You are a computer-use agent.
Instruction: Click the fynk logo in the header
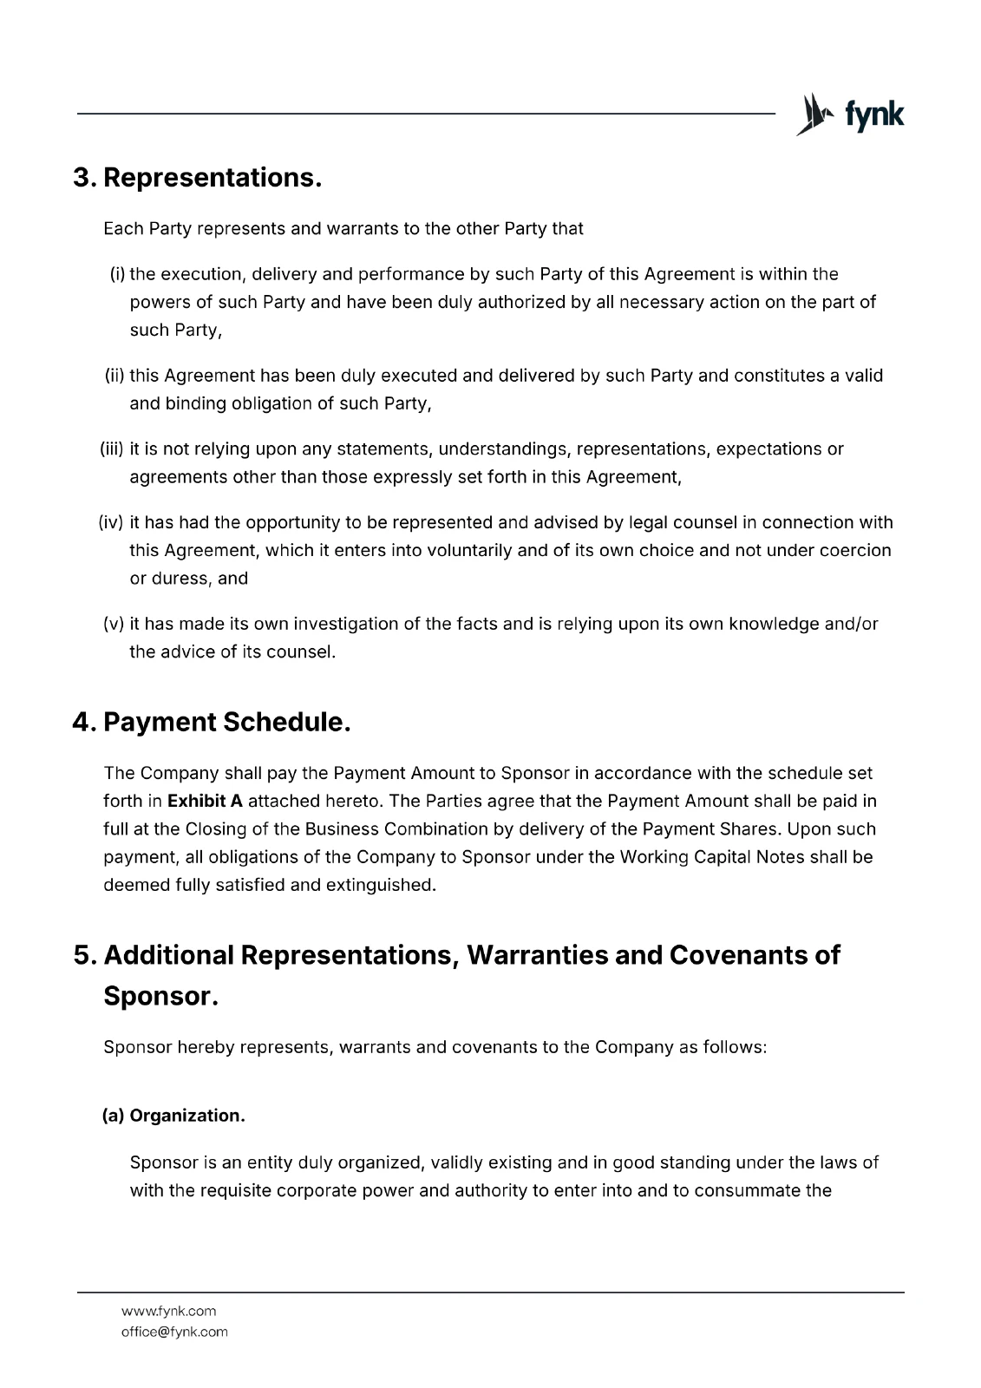(x=849, y=115)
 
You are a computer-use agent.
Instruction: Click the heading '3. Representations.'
(x=198, y=178)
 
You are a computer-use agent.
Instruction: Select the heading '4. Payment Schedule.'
(x=212, y=722)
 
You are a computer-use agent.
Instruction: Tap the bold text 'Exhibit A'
(x=205, y=801)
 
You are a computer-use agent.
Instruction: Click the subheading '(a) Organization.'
(x=173, y=1116)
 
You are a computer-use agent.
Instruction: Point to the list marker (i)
(x=117, y=275)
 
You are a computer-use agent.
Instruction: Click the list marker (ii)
(x=115, y=376)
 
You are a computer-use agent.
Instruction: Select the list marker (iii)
(x=113, y=449)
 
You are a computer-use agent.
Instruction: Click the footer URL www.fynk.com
(x=168, y=1311)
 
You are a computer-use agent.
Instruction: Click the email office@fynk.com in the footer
(x=174, y=1332)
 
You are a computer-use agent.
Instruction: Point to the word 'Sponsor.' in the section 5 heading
(x=160, y=996)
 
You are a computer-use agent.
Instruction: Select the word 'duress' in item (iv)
(x=180, y=579)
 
